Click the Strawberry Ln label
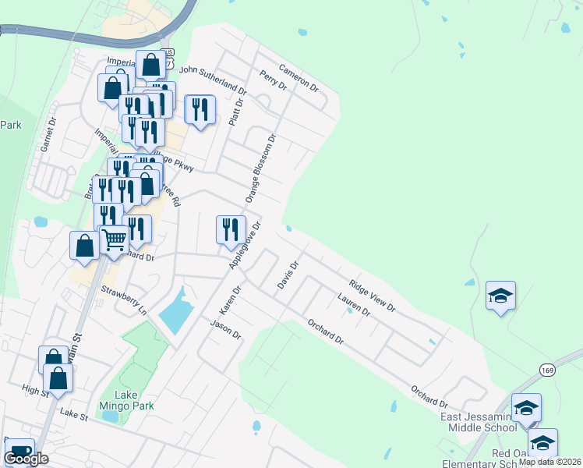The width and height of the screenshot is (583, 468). point(124,300)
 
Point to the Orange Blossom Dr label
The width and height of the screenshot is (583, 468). point(261,168)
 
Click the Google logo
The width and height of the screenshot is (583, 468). point(26,459)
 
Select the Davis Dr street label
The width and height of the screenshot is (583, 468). point(288,275)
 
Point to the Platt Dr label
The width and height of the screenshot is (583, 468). point(236,112)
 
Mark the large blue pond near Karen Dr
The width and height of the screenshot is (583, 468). point(176,313)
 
